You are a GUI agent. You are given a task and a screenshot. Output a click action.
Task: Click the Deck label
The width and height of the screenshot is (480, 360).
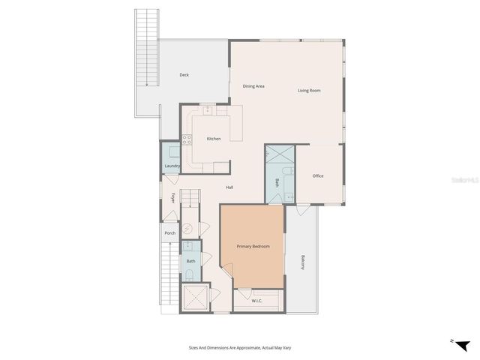184,75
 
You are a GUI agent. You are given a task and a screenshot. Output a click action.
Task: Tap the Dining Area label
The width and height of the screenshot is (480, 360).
253,86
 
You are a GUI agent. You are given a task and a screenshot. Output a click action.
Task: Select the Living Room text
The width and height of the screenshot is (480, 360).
309,91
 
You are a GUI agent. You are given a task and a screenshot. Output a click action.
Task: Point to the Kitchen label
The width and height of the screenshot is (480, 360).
214,139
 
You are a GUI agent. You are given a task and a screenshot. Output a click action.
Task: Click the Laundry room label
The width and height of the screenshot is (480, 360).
171,166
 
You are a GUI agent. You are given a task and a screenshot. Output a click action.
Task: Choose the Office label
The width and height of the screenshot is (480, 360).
318,175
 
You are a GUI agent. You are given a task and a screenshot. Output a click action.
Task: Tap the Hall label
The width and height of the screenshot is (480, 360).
229,187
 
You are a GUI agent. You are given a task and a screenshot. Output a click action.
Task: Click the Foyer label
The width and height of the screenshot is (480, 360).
173,198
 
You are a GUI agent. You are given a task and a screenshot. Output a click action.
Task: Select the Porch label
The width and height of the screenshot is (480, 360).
170,233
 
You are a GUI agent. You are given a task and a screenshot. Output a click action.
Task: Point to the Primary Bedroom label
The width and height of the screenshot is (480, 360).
253,247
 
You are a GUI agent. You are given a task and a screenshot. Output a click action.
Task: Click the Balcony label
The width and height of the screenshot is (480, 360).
303,262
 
